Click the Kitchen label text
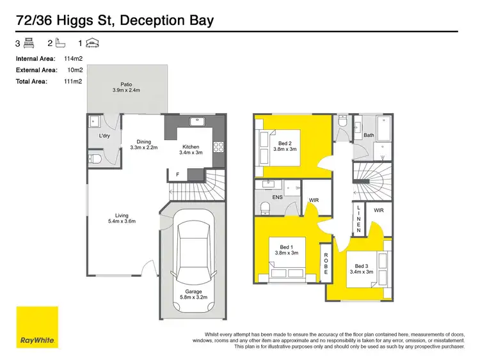tap(191, 146)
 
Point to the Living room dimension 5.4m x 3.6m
tap(122, 221)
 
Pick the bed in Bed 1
tap(285, 272)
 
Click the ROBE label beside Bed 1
tap(326, 263)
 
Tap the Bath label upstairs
tap(369, 135)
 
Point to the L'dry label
tap(105, 138)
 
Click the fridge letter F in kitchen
tap(177, 174)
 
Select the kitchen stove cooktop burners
tap(218, 148)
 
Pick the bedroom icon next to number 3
tap(29, 43)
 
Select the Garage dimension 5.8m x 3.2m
tap(193, 297)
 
